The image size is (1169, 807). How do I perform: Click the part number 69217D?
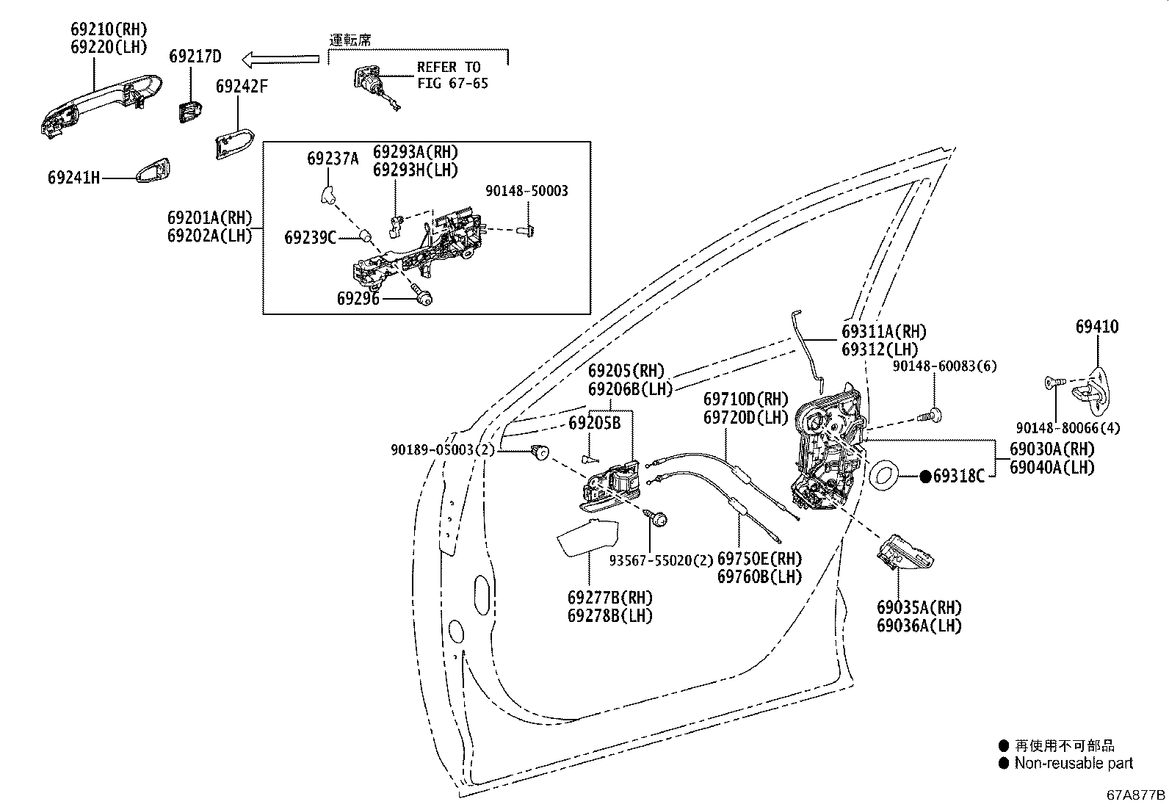point(195,57)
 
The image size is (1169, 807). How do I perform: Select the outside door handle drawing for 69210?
point(101,106)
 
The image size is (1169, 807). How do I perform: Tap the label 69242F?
point(242,87)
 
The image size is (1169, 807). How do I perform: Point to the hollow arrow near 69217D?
point(281,59)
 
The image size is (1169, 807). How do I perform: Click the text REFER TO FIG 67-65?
point(452,75)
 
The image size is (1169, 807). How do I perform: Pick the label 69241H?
point(73,178)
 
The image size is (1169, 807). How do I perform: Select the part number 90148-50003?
point(526,191)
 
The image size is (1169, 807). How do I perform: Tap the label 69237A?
point(333,159)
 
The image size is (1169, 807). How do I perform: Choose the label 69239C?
point(310,238)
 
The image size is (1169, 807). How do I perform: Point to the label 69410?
point(1097,327)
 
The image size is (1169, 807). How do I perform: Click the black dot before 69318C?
point(925,477)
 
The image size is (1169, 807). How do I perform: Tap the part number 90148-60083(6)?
point(944,366)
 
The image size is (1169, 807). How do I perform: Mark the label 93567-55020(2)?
point(661,560)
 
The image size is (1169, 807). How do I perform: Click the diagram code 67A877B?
point(1136,795)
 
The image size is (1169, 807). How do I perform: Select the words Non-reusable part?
point(1074,763)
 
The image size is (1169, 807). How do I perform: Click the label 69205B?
point(595,423)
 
